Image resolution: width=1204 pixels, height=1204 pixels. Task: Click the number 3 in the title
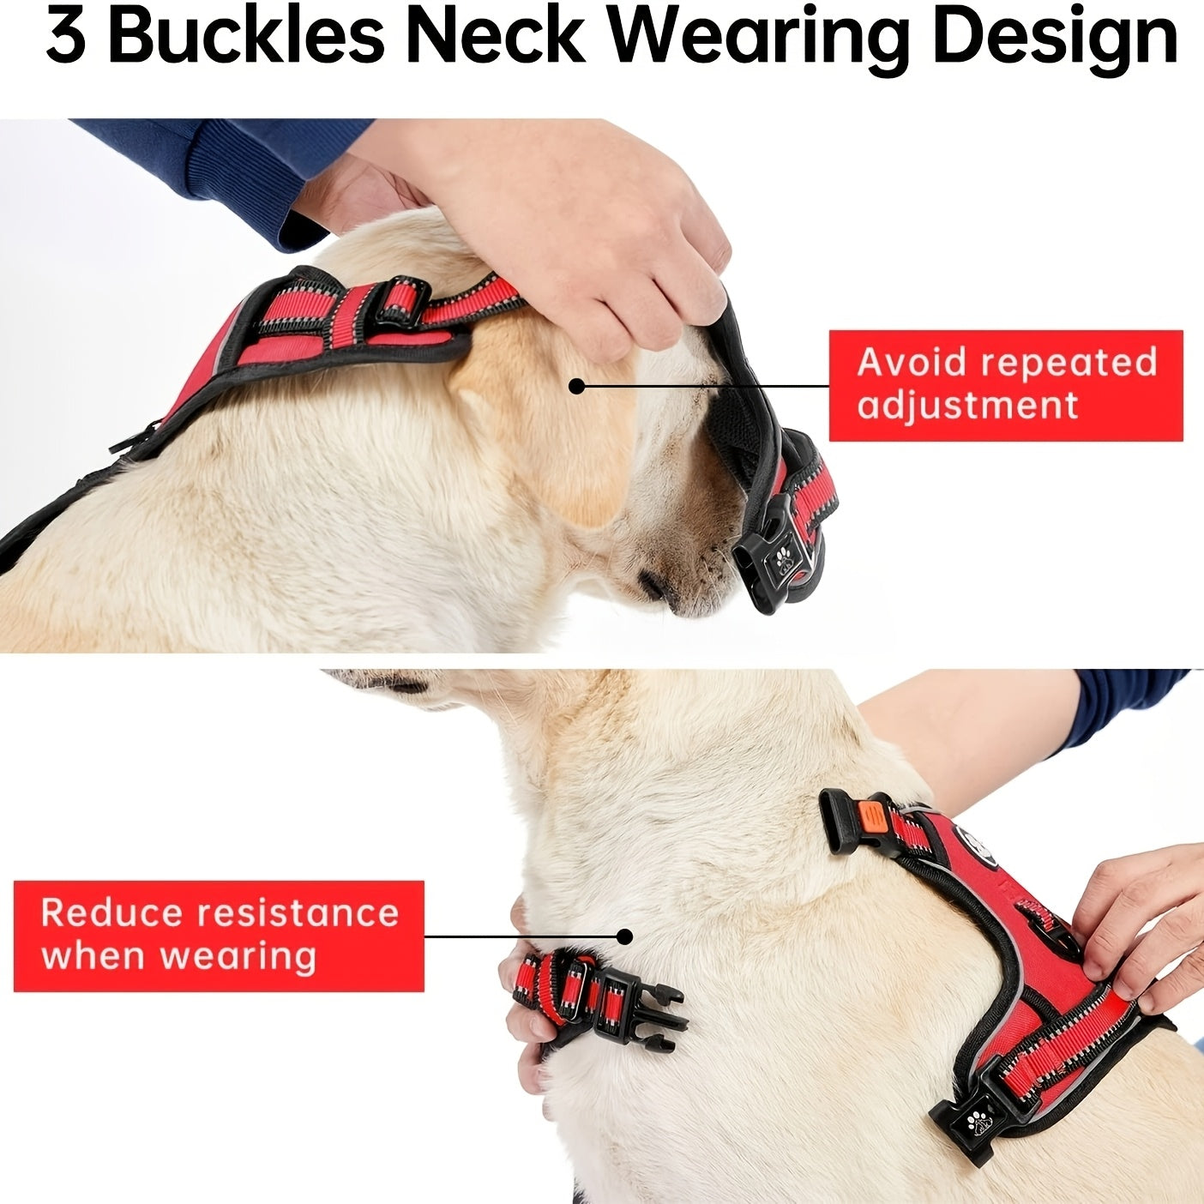(66, 36)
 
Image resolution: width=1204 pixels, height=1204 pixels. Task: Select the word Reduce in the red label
(111, 912)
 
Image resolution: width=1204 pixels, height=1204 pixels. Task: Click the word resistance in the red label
(298, 912)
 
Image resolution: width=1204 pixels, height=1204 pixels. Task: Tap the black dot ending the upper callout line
(576, 386)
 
